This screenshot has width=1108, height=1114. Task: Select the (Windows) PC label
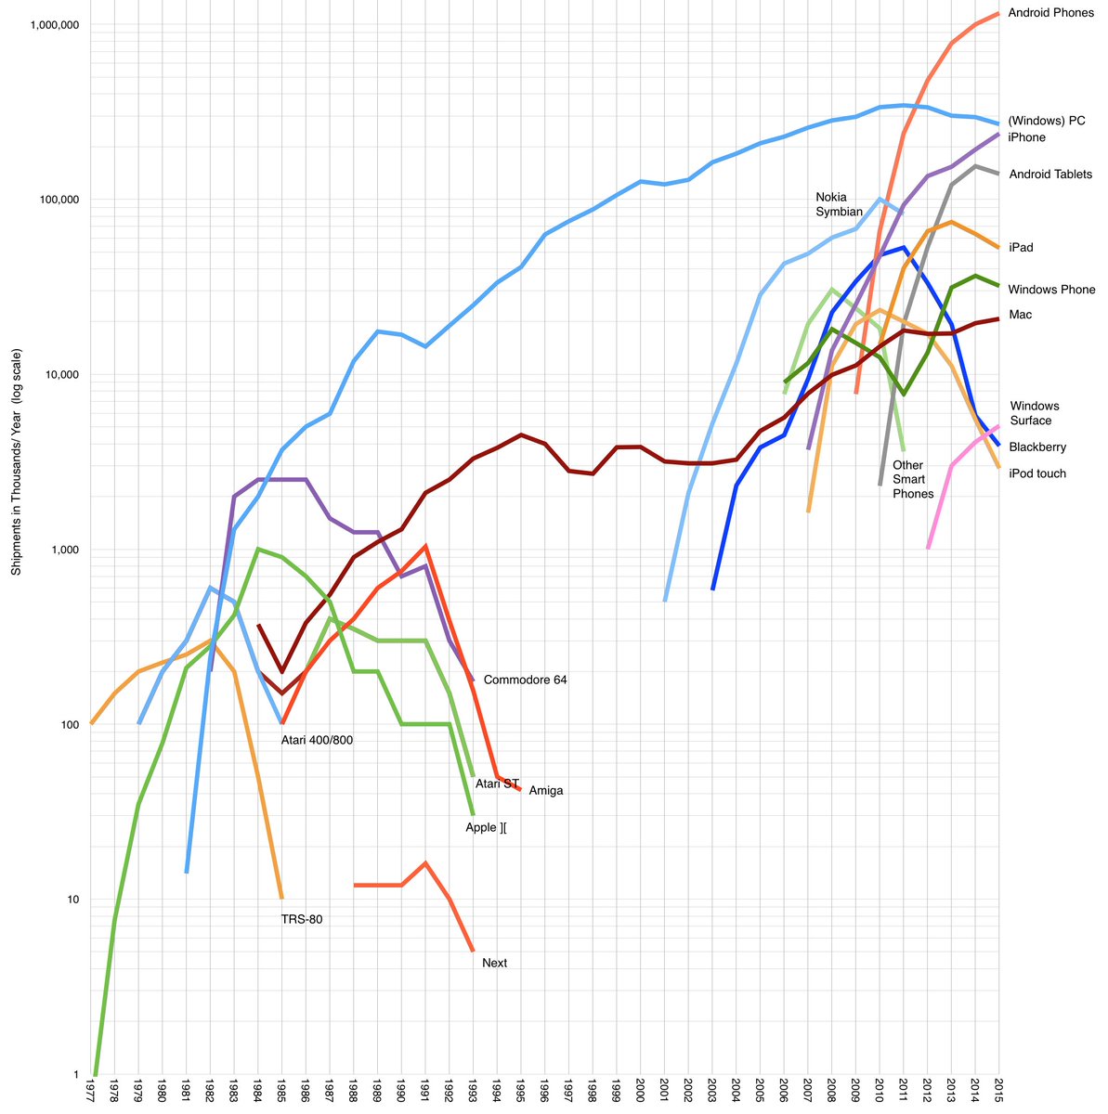1053,121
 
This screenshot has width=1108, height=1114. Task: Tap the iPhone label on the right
1026,137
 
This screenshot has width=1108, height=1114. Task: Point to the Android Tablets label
1050,175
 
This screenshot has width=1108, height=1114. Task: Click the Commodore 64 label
525,680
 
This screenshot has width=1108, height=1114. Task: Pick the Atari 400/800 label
317,740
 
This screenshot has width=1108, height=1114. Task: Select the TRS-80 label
302,920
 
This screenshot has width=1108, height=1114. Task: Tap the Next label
495,964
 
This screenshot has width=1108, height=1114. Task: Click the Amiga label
546,791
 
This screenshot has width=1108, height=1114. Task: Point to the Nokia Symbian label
839,204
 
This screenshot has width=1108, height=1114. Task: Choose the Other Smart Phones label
912,479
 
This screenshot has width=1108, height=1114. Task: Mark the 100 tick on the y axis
67,725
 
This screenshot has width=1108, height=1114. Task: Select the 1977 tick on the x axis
91,1092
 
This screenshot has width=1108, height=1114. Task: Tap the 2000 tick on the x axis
640,1092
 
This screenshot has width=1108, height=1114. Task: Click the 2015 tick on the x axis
999,1092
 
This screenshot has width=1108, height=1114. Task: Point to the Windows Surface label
1034,413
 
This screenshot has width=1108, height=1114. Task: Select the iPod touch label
1037,474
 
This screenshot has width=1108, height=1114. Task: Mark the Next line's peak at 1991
424,863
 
